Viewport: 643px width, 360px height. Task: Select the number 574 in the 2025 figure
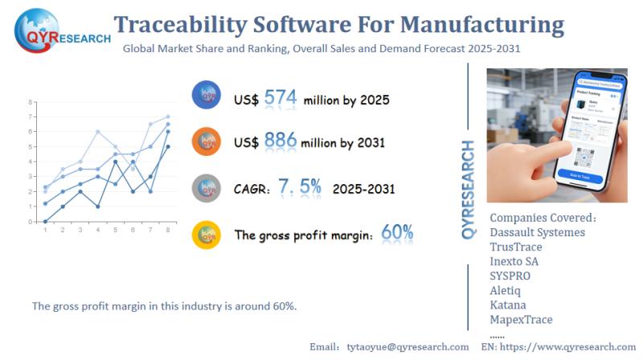pos(281,98)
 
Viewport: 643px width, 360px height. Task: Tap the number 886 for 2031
pos(281,141)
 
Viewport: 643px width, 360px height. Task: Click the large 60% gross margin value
pos(397,233)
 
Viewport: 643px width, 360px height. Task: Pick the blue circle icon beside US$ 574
pos(207,96)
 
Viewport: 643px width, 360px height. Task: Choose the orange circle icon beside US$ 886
pos(207,142)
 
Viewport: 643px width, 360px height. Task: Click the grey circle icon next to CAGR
pos(207,188)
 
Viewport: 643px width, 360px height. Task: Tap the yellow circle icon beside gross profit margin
pos(207,235)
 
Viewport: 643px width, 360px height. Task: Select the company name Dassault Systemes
pos(538,232)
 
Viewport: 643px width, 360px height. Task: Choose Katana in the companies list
pos(508,305)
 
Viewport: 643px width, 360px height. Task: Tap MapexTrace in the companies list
pos(522,319)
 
